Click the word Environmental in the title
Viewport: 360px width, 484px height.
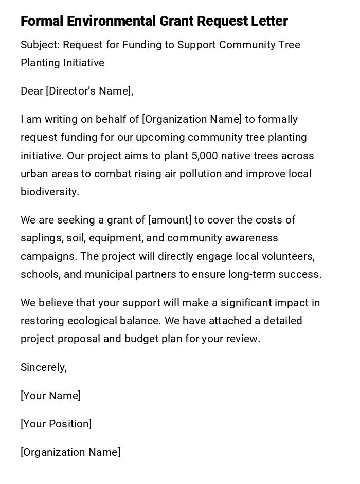pyautogui.click(x=111, y=21)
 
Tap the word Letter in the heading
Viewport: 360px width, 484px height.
pyautogui.click(x=269, y=21)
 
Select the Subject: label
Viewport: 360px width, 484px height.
pyautogui.click(x=40, y=45)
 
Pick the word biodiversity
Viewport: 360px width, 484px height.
pyautogui.click(x=49, y=192)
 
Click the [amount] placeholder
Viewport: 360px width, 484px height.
pyautogui.click(x=170, y=220)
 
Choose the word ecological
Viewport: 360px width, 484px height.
pyautogui.click(x=88, y=321)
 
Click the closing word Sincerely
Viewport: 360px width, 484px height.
pyautogui.click(x=43, y=367)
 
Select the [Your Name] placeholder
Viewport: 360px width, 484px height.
pyautogui.click(x=50, y=396)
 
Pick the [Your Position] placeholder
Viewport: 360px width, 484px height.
pyautogui.click(x=56, y=424)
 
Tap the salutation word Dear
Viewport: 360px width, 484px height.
pyautogui.click(x=31, y=91)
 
